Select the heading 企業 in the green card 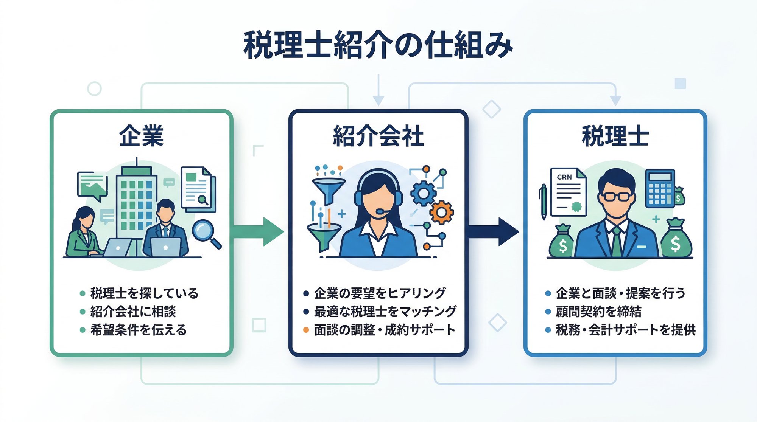[141, 136]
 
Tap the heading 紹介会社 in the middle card [378, 136]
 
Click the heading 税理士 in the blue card [615, 136]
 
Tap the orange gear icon [441, 213]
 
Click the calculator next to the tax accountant [660, 188]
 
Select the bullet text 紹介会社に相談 [133, 312]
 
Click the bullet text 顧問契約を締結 [598, 312]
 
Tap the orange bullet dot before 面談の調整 [306, 330]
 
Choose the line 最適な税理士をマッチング [385, 312]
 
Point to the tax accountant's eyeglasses [617, 197]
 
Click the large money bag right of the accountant [676, 240]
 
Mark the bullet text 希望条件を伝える [138, 330]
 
